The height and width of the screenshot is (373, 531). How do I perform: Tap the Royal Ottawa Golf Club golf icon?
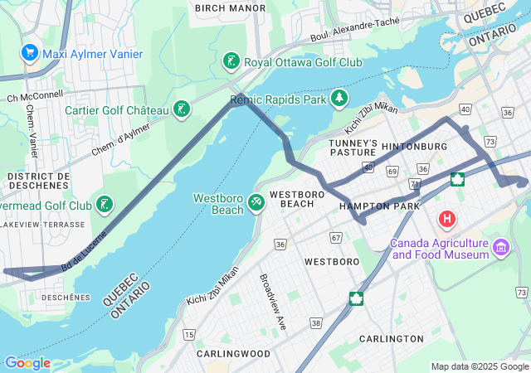point(231,62)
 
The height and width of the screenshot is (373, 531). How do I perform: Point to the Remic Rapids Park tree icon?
point(339,99)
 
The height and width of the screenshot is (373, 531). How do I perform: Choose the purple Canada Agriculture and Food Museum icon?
point(500,247)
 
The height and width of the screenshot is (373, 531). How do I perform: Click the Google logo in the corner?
point(27,363)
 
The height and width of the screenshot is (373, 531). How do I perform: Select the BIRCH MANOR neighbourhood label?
point(230,8)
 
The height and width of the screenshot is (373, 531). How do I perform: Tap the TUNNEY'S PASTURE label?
point(353,148)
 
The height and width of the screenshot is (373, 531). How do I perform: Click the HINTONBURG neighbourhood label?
point(415,147)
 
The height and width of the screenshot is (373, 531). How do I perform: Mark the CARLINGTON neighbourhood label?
point(392,339)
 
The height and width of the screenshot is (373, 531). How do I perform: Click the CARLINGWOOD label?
point(234,353)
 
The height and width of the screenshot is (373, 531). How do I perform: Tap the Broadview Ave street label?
point(273,302)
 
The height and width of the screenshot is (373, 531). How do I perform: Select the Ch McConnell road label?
point(34,95)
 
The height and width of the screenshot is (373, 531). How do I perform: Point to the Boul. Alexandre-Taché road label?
point(356,31)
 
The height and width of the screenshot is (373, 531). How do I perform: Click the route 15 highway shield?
point(190,334)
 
